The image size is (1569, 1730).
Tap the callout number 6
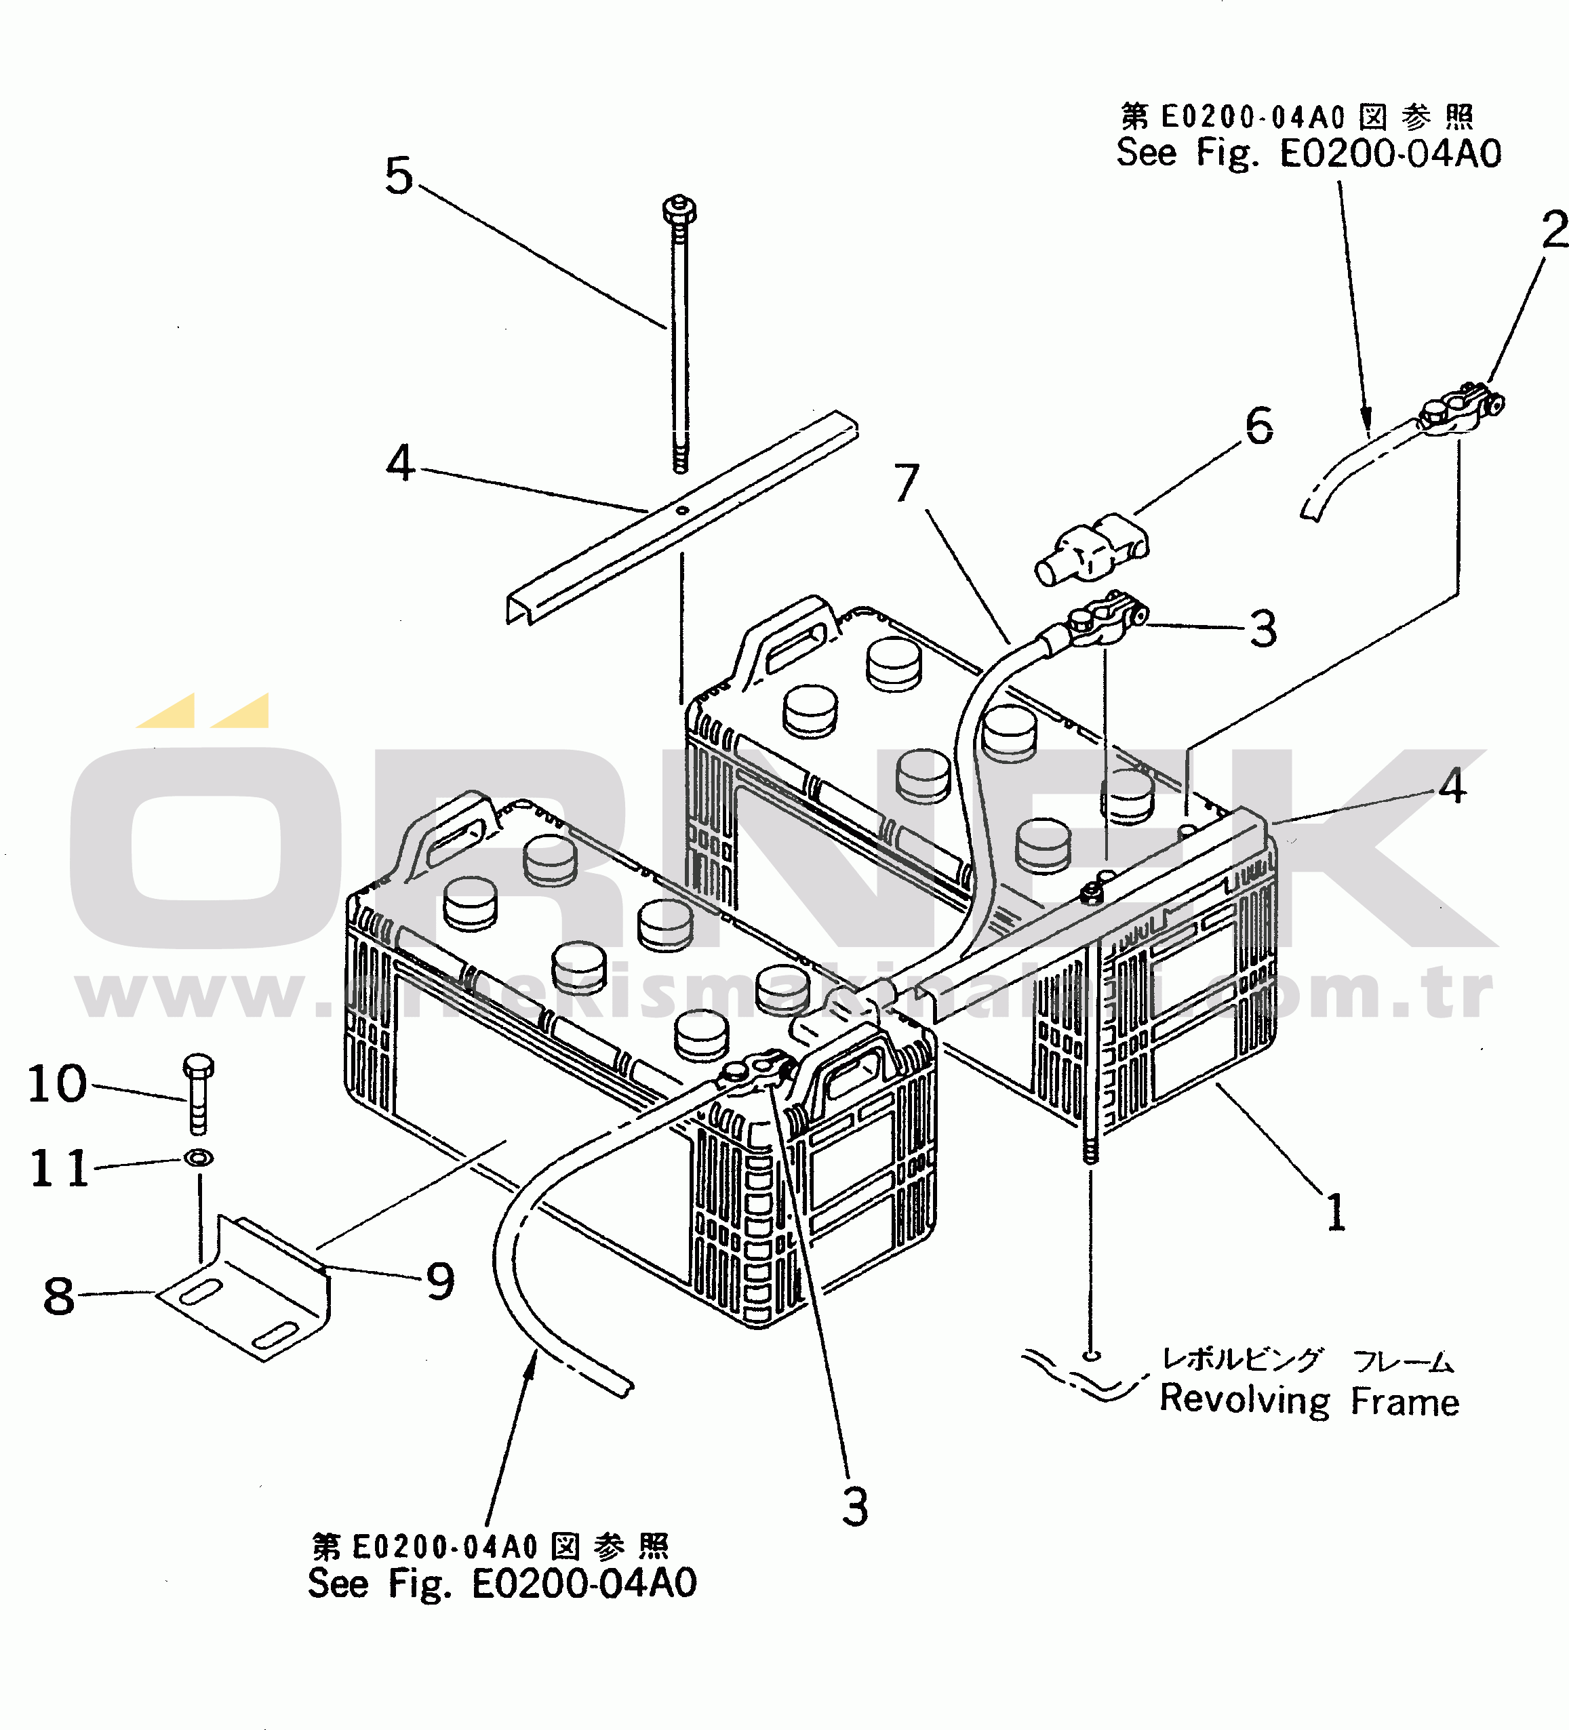coord(1259,426)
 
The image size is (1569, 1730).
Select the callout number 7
coord(907,483)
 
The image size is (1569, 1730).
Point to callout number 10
coord(58,1084)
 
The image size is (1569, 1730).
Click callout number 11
coord(59,1168)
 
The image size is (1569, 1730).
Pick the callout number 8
coord(58,1295)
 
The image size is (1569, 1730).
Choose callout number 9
coord(440,1282)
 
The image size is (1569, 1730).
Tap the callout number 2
coord(1554,230)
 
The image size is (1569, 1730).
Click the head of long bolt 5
coord(680,209)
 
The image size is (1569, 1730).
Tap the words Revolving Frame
coord(1309,1401)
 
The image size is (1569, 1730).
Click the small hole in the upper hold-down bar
coord(682,511)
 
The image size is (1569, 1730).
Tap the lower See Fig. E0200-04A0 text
coord(502,1584)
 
